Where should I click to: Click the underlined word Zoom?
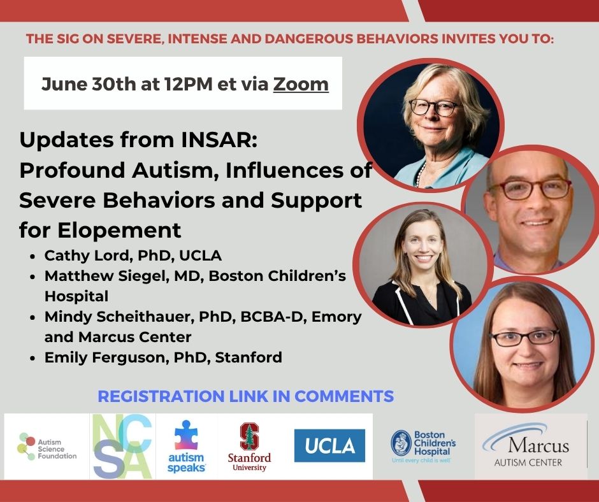click(301, 84)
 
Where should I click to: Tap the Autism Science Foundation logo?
click(47, 446)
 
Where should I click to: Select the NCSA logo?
click(122, 446)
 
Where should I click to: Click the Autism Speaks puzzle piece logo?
click(187, 446)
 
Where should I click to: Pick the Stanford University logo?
click(249, 447)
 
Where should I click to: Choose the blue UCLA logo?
click(329, 445)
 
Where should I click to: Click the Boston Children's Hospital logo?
click(423, 446)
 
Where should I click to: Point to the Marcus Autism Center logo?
click(528, 445)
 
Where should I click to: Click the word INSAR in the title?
click(217, 140)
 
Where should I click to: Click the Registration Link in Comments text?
click(245, 396)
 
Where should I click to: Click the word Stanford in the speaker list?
click(249, 357)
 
